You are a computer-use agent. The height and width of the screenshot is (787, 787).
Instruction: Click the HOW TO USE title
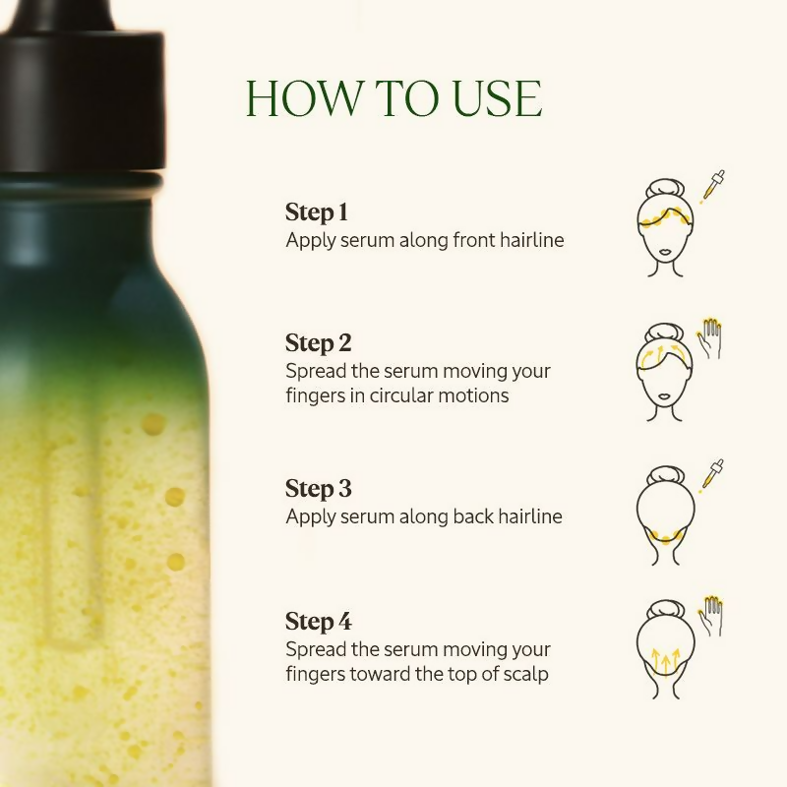click(x=393, y=99)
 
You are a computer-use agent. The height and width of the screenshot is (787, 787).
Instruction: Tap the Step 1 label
click(x=317, y=212)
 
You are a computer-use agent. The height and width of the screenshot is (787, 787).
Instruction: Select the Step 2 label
click(x=318, y=343)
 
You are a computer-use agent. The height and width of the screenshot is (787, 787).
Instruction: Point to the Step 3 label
click(x=318, y=488)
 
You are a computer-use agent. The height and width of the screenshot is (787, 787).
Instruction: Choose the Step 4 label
click(x=318, y=621)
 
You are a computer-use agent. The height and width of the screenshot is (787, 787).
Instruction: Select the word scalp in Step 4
click(x=525, y=675)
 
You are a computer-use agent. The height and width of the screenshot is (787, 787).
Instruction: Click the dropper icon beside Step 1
click(x=712, y=187)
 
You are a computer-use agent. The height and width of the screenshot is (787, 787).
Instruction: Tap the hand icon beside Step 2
click(x=709, y=338)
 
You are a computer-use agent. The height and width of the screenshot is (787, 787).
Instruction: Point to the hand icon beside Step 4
click(x=709, y=615)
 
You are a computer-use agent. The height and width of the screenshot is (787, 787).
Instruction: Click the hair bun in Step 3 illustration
click(x=666, y=475)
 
